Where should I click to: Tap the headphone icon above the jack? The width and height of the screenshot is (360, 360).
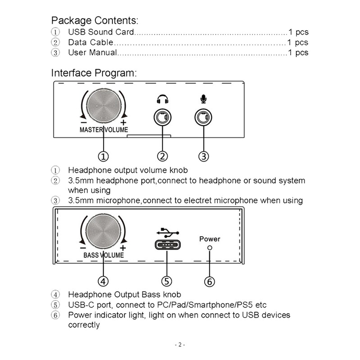162,99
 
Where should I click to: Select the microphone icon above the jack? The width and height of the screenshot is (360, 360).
203,99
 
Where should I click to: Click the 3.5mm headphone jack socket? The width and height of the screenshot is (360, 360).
162,118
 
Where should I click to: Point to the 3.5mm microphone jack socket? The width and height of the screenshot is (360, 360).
203,118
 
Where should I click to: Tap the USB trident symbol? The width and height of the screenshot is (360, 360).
167,233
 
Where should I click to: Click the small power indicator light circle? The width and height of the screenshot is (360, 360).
209,248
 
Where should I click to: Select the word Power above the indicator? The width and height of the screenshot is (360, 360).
210,239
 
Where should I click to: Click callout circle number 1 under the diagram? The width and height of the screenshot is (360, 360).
103,156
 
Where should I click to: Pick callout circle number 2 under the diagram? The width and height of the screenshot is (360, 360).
162,156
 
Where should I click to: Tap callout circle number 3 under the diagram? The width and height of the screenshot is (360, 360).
204,156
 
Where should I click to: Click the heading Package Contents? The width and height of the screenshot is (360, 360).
94,20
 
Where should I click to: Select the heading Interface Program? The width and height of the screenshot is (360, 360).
94,73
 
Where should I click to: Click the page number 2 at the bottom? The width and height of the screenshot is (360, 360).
180,345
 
